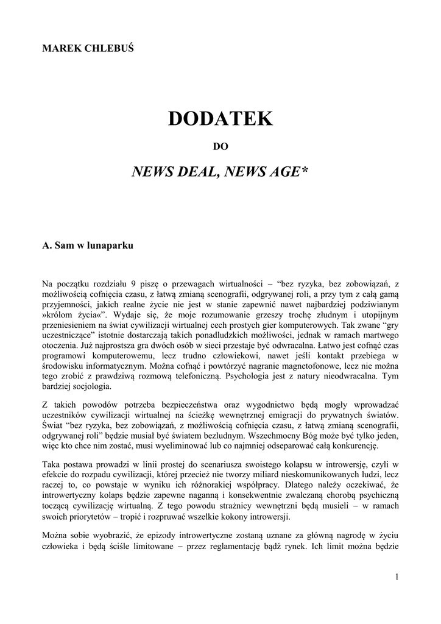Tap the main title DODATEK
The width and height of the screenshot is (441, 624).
point(220,119)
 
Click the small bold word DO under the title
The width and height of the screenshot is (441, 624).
point(220,146)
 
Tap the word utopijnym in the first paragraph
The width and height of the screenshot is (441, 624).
point(376,314)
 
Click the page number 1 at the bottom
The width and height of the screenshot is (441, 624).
point(396,577)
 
